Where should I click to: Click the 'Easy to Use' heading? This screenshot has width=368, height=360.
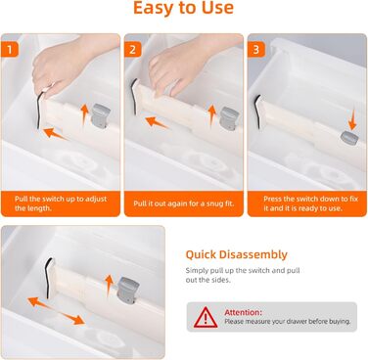pyautogui.click(x=184, y=8)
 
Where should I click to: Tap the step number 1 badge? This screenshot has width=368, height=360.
pyautogui.click(x=10, y=50)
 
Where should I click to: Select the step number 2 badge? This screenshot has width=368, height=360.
pyautogui.click(x=132, y=50)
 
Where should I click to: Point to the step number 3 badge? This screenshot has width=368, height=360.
pyautogui.click(x=256, y=50)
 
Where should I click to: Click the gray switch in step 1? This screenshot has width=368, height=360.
pyautogui.click(x=100, y=115)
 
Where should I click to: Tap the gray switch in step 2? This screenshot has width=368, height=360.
pyautogui.click(x=229, y=118)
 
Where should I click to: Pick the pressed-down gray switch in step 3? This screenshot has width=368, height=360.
pyautogui.click(x=349, y=138)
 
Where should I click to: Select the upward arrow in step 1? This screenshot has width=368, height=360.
pyautogui.click(x=84, y=114)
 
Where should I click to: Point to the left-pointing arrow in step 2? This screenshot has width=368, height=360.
pyautogui.click(x=157, y=122)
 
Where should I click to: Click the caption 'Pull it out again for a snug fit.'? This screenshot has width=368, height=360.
pyautogui.click(x=184, y=203)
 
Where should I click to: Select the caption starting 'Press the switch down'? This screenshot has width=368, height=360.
pyautogui.click(x=310, y=203)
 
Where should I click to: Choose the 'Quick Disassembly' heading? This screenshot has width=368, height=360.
pyautogui.click(x=237, y=254)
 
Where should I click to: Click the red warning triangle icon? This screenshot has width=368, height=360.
pyautogui.click(x=206, y=317)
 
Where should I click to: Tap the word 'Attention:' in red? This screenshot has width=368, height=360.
pyautogui.click(x=243, y=312)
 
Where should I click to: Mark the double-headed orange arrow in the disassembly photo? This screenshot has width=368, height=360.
pyautogui.click(x=56, y=311)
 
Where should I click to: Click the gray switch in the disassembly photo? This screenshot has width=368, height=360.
pyautogui.click(x=128, y=291)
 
